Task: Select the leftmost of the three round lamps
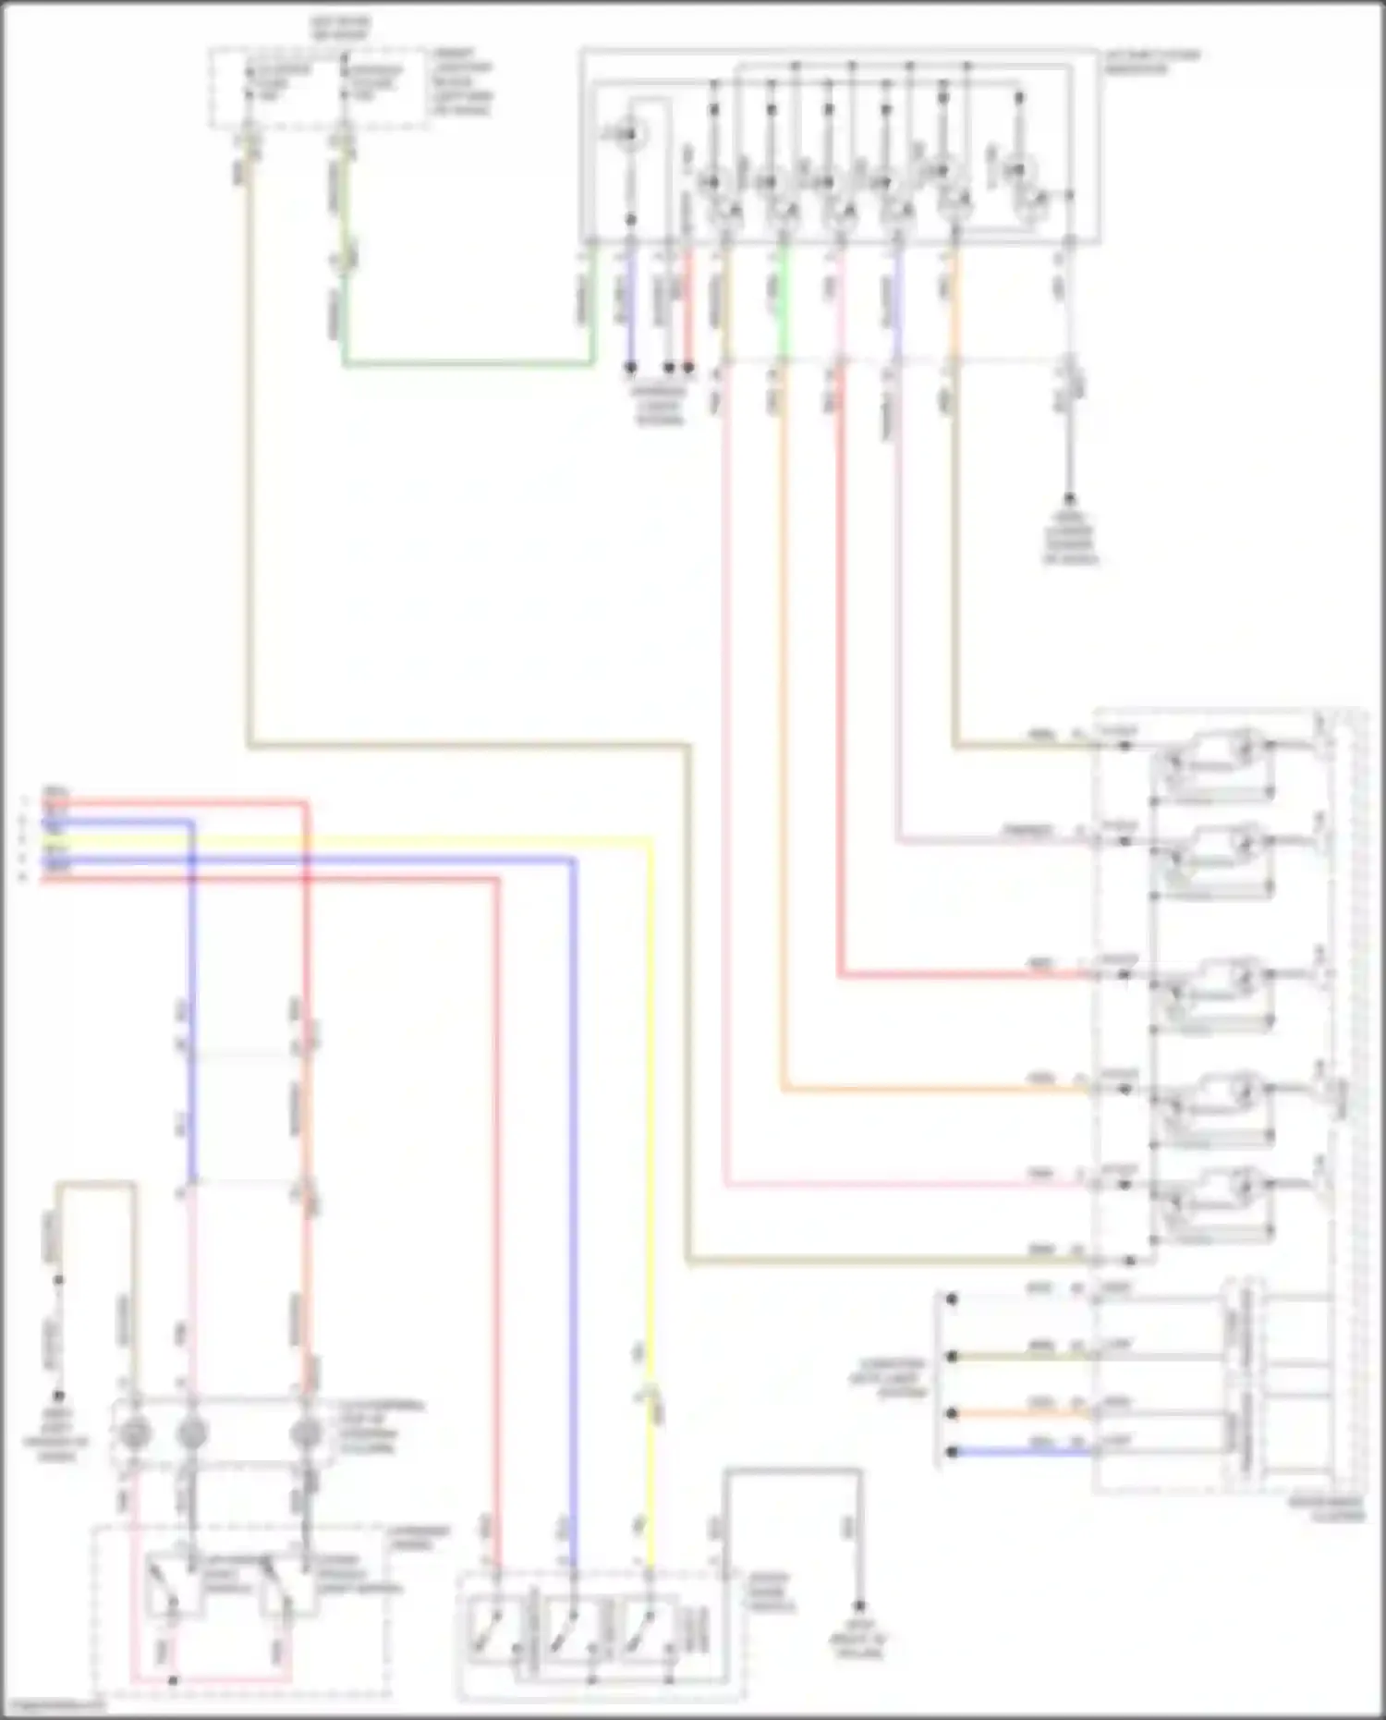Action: pos(135,1433)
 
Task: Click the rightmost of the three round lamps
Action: pos(305,1433)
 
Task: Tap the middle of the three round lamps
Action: pos(192,1433)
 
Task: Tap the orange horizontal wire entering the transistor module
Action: pos(924,1090)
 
